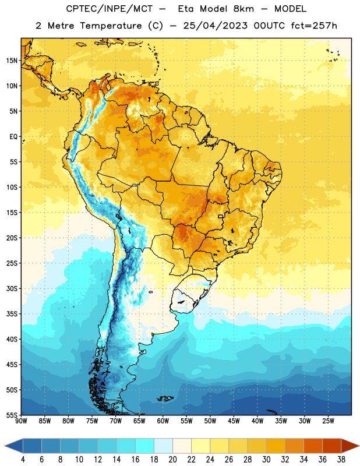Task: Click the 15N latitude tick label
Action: (12, 61)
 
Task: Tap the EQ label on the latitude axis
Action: (13, 137)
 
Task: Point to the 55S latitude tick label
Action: (12, 415)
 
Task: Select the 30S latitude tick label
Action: (12, 288)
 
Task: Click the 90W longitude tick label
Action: (21, 421)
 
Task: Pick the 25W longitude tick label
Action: (328, 421)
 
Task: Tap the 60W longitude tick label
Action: (163, 421)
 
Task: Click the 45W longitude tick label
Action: (234, 421)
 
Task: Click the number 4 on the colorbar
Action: (23, 460)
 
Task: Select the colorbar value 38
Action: (341, 460)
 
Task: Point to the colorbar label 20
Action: (172, 460)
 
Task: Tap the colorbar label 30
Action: (266, 460)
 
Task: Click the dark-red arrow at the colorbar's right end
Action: (350, 446)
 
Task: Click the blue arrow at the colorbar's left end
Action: (13, 446)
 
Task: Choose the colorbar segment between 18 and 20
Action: (163, 446)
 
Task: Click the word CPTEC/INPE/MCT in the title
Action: (109, 9)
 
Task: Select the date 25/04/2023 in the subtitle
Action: (215, 26)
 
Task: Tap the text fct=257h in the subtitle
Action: (314, 26)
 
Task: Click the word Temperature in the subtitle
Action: (111, 26)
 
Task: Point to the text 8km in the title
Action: (243, 9)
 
